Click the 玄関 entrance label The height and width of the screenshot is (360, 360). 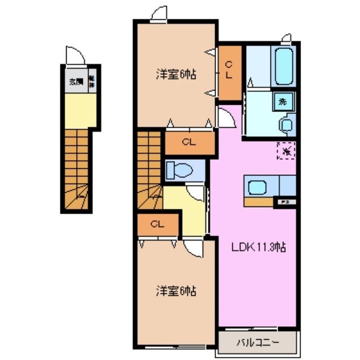(x=76, y=82)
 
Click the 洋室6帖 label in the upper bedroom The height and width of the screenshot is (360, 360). (x=176, y=75)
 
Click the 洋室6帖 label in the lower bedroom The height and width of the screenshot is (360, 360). (x=176, y=291)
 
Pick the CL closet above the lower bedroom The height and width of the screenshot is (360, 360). (x=157, y=224)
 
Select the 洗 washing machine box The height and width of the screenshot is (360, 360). (x=283, y=101)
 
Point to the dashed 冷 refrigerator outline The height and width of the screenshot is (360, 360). (x=286, y=150)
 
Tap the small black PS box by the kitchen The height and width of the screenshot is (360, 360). (x=285, y=203)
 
